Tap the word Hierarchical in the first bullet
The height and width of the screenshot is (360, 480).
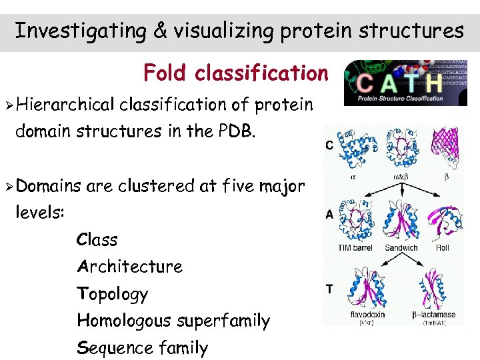(67, 105)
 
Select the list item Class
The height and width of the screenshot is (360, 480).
(97, 240)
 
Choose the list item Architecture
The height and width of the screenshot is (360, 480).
(129, 267)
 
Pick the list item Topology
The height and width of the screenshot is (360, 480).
(112, 294)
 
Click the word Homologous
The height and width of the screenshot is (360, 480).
(124, 321)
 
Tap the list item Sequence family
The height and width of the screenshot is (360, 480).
(142, 348)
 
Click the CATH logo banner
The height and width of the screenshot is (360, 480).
(405, 83)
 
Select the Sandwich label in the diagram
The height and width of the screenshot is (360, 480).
(401, 248)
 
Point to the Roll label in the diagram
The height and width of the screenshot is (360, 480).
(442, 248)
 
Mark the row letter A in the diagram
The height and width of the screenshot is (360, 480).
(329, 215)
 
